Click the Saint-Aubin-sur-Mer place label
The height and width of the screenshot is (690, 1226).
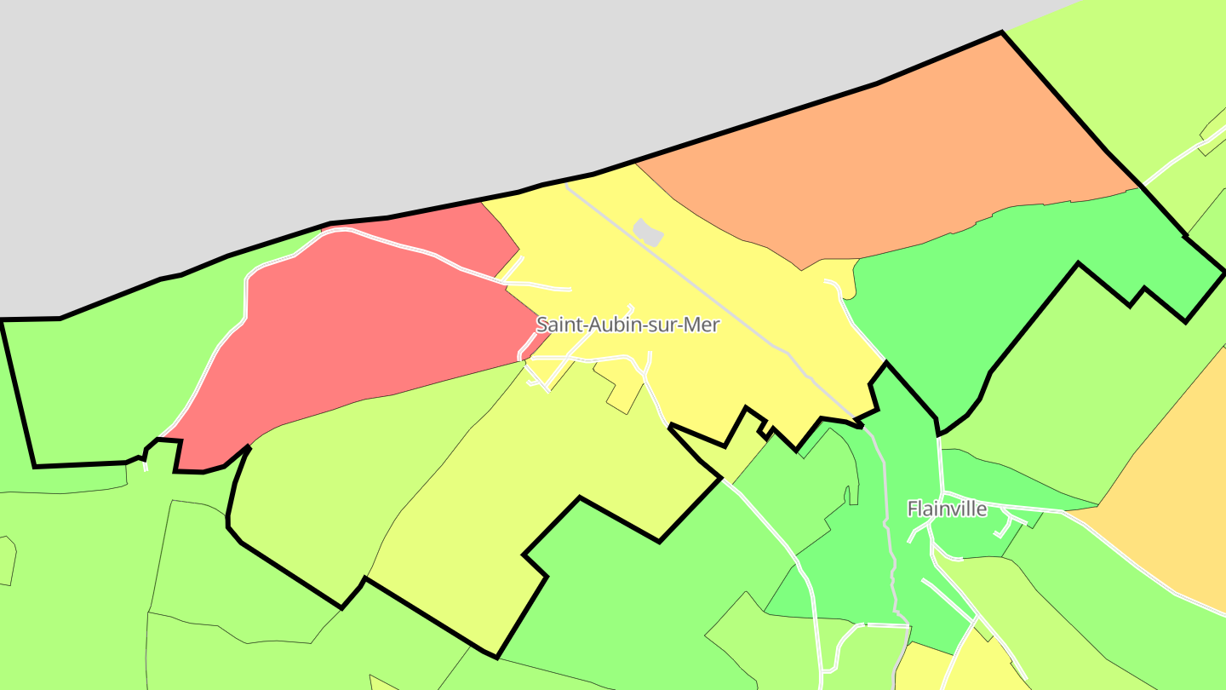point(627,325)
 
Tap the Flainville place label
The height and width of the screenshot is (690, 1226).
point(947,509)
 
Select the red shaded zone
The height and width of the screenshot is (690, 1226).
point(358,324)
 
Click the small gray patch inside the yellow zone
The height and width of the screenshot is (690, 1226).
point(648,232)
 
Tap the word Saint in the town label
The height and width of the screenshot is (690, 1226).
point(556,325)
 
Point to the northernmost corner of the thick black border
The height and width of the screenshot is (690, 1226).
point(1002,32)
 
